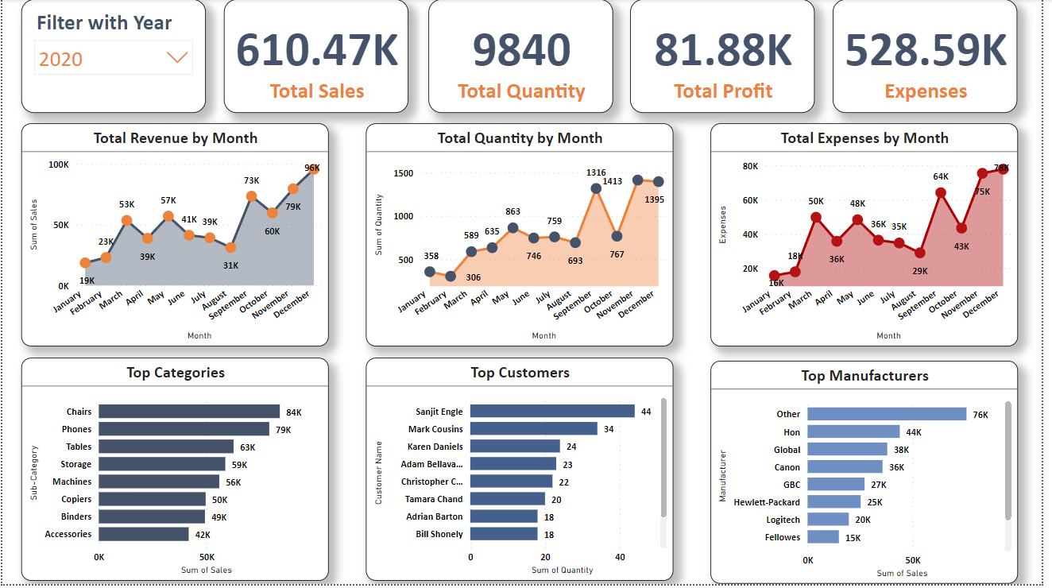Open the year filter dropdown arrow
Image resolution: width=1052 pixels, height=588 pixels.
click(176, 58)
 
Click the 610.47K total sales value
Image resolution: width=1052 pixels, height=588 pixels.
click(316, 49)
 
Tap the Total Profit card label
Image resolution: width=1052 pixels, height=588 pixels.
click(722, 91)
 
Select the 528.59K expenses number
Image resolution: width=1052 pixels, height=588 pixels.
click(925, 49)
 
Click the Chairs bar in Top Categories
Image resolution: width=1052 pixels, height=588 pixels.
click(189, 412)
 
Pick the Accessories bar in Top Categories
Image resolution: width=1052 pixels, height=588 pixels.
click(144, 534)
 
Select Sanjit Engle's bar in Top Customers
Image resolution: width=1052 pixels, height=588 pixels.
click(552, 412)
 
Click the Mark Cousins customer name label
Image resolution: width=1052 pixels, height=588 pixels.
click(435, 429)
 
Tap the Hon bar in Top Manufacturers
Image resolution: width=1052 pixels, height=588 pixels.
click(853, 431)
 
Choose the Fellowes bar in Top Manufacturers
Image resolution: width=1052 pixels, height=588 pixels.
click(823, 537)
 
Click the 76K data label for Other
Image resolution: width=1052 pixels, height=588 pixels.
click(980, 414)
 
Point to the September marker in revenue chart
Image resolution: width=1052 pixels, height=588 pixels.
click(251, 196)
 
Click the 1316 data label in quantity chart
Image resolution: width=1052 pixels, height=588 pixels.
click(596, 172)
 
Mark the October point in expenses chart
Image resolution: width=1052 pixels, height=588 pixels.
click(961, 228)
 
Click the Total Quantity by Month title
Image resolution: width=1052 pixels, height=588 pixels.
click(520, 138)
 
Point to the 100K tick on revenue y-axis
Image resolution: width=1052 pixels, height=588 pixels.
click(59, 164)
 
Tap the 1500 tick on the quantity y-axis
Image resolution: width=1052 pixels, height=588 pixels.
click(404, 173)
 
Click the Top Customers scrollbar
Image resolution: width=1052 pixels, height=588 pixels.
click(663, 457)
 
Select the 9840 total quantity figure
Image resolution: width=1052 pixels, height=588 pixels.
click(521, 49)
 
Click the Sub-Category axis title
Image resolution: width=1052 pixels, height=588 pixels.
click(34, 473)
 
